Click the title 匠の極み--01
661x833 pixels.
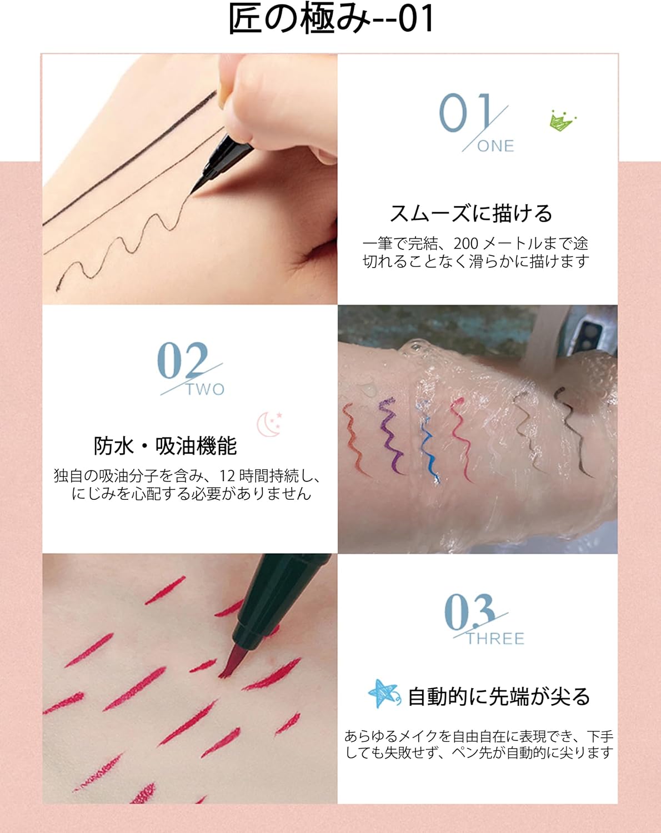(330, 19)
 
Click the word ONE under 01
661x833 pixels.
(495, 146)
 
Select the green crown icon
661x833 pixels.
(562, 120)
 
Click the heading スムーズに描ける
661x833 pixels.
(471, 213)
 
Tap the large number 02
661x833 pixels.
(183, 360)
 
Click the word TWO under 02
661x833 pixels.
(206, 389)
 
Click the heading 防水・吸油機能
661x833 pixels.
(165, 446)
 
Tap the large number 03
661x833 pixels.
(469, 611)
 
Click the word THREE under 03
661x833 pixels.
(495, 639)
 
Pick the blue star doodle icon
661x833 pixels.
(383, 694)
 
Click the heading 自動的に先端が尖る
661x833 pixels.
(499, 696)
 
